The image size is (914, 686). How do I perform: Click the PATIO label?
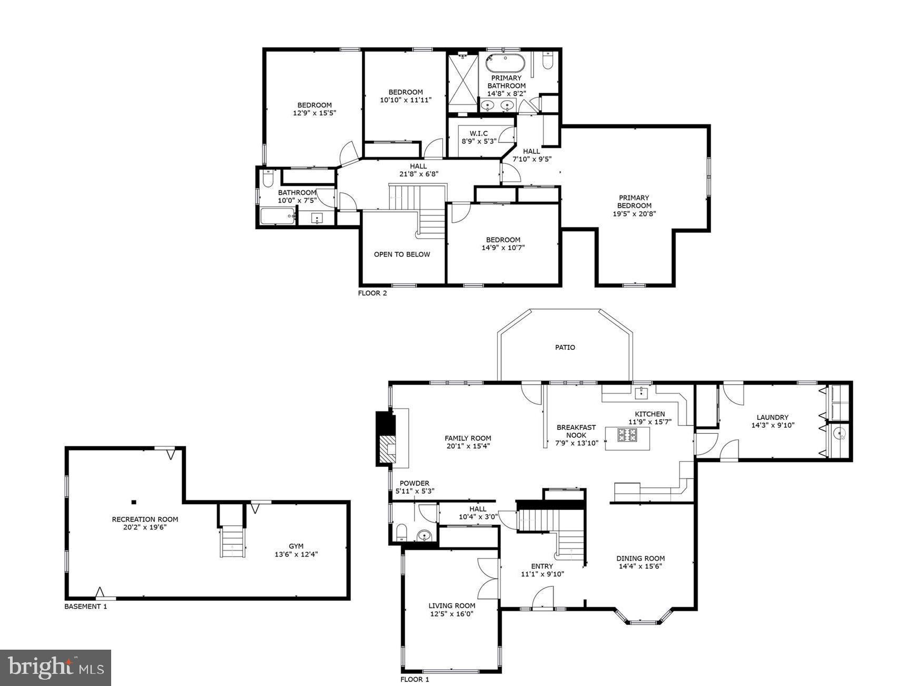(x=565, y=347)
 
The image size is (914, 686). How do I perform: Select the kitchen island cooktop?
(x=627, y=435)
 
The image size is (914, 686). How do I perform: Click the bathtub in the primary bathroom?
(x=505, y=63)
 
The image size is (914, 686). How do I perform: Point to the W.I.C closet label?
(x=478, y=133)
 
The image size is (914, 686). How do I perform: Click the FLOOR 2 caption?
(x=372, y=293)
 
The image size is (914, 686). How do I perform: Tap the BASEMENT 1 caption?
(x=85, y=606)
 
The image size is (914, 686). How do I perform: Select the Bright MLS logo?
(x=55, y=668)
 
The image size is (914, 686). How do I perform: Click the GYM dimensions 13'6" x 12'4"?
(x=296, y=554)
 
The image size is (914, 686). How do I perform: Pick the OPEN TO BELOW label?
(x=402, y=254)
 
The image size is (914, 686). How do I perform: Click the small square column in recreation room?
(x=134, y=502)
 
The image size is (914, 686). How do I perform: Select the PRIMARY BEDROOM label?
(x=634, y=202)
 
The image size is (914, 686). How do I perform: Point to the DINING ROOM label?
(x=640, y=558)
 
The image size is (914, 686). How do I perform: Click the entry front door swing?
(x=543, y=598)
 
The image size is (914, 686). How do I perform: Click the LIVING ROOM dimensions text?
(x=451, y=614)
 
